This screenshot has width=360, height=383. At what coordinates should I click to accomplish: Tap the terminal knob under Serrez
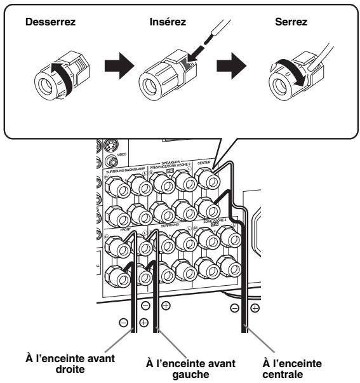286,79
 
